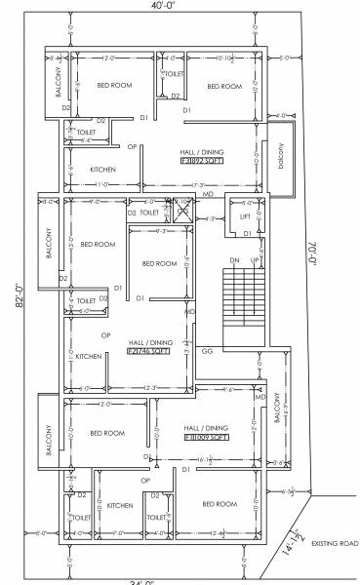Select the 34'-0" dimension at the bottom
point(143,581)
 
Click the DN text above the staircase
point(234,261)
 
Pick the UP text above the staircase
point(256,261)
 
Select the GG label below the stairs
point(207,349)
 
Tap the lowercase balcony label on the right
point(281,155)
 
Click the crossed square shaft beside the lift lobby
point(183,208)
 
